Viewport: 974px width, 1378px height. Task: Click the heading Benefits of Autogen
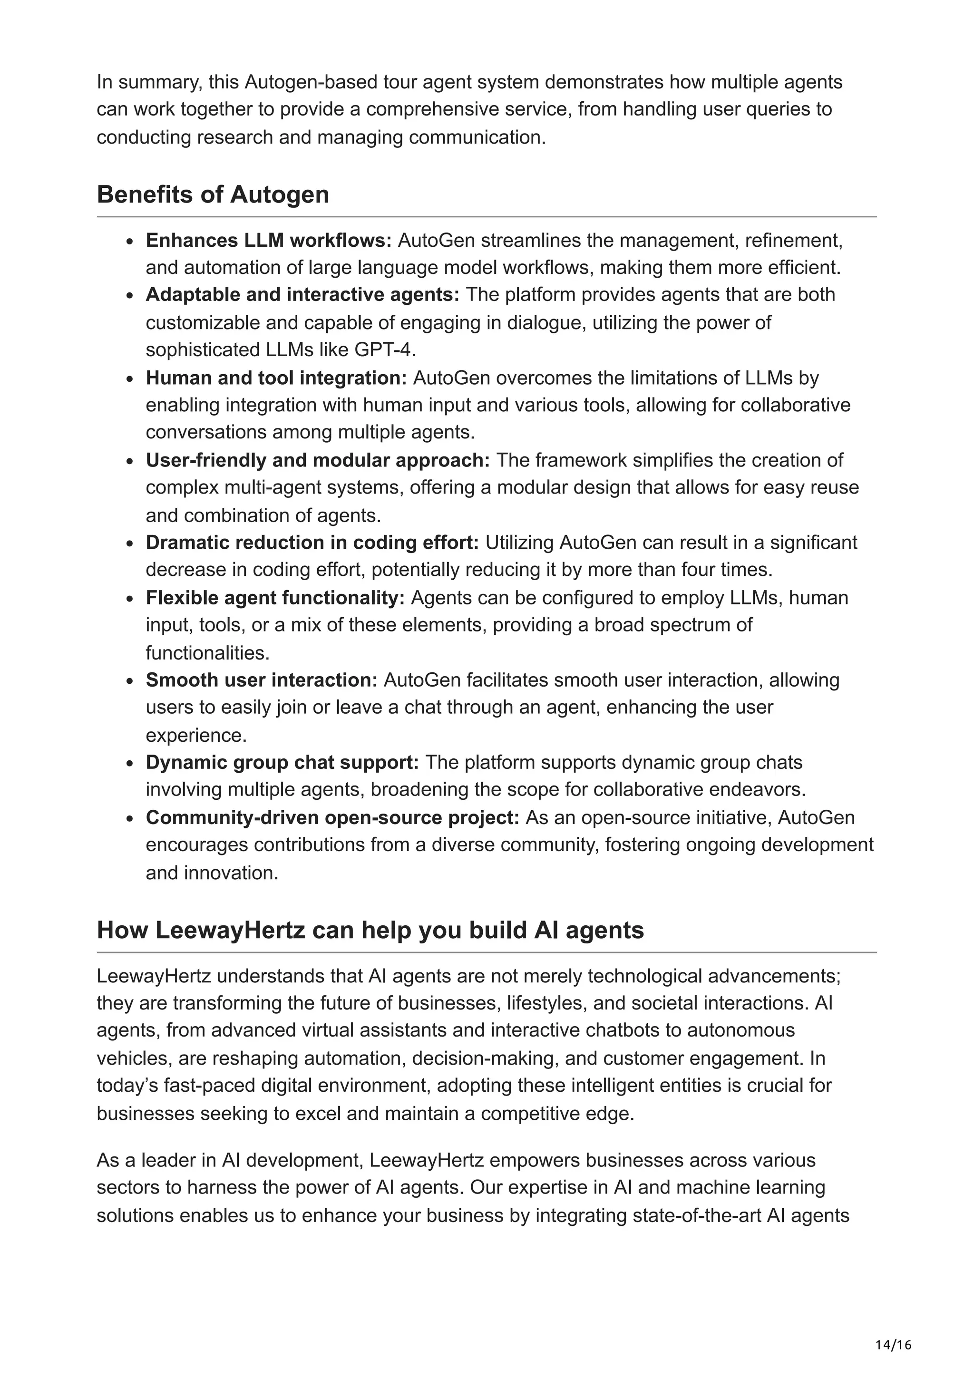pos(213,194)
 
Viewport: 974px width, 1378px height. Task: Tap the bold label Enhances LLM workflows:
pos(268,240)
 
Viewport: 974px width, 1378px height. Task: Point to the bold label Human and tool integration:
pos(276,378)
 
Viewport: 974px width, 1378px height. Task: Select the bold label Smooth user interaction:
pos(261,680)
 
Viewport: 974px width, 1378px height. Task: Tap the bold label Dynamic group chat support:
pos(282,762)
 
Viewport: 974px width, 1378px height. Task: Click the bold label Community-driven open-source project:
pos(332,817)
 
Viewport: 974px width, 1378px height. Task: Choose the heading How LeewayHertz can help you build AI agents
pos(370,930)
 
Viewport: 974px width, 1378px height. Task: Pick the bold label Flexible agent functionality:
pos(275,598)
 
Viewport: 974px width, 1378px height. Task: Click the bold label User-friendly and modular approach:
pos(318,460)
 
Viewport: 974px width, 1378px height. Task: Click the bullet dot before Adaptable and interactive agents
pos(130,296)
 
